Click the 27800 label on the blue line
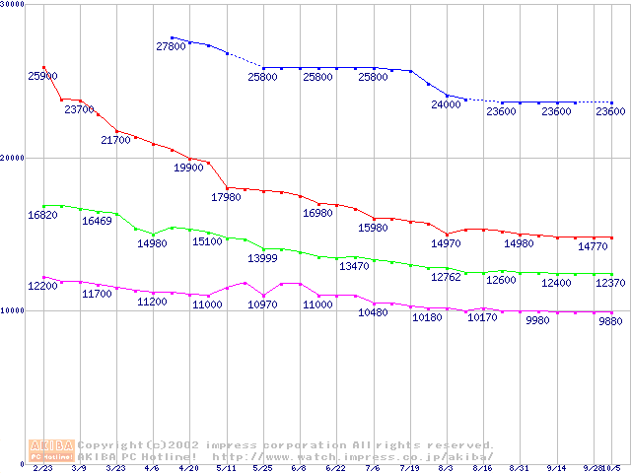point(171,46)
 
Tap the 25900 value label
point(42,76)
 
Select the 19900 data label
point(188,168)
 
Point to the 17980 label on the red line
point(226,197)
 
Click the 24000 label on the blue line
point(446,103)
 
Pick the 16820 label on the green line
point(42,215)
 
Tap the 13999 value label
point(262,258)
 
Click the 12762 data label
point(446,278)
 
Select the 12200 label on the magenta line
point(42,286)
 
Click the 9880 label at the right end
point(611,321)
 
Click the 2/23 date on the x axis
point(42,469)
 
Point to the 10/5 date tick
point(612,469)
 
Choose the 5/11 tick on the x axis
point(226,469)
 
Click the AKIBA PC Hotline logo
point(51,450)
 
